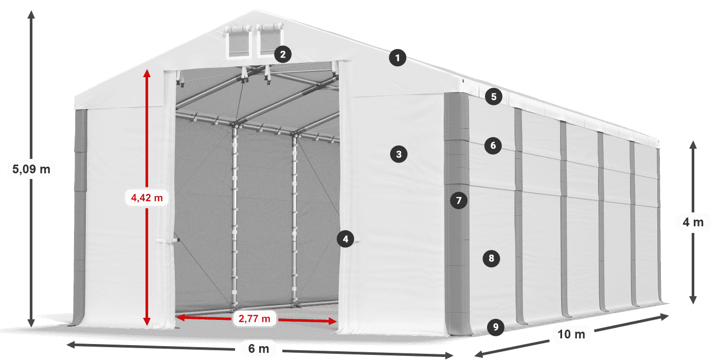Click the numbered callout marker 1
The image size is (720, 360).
tap(398, 58)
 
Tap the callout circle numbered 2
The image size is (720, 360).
tap(283, 53)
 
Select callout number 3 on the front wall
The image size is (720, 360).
tap(399, 154)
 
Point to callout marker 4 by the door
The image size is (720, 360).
tap(346, 239)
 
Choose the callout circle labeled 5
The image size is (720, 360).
tap(494, 96)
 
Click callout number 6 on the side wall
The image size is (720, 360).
tap(493, 146)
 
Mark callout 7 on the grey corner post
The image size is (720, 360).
tap(459, 200)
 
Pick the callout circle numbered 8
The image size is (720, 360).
tap(492, 258)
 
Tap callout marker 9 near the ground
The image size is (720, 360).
tap(495, 327)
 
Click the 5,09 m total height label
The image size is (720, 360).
tap(31, 169)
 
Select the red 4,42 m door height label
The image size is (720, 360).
tap(147, 197)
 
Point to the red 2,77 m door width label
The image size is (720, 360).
tap(255, 319)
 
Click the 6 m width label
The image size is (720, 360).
tap(258, 349)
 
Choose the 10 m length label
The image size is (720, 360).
tap(571, 334)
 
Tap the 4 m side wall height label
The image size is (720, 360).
tap(693, 222)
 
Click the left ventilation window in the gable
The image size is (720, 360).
tap(238, 43)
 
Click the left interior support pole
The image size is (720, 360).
tap(235, 216)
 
